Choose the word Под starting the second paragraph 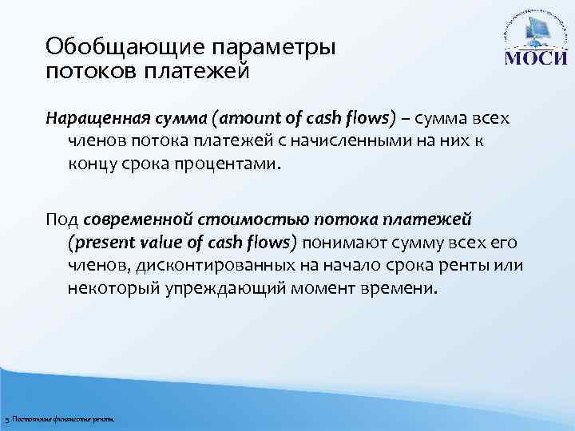(61, 219)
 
